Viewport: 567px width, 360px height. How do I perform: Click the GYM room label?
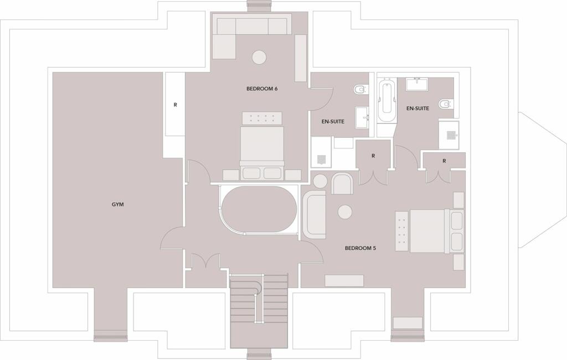click(x=117, y=204)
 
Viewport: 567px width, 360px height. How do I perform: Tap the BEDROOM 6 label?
click(x=262, y=89)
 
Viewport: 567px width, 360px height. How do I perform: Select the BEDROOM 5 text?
click(x=360, y=248)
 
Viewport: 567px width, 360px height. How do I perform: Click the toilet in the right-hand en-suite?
click(x=445, y=104)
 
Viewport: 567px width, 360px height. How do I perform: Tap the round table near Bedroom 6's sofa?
click(x=259, y=57)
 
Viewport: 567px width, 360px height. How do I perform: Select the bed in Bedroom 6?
click(x=262, y=146)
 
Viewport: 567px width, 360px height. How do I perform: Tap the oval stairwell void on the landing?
click(x=259, y=209)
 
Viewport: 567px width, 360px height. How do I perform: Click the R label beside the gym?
click(x=176, y=105)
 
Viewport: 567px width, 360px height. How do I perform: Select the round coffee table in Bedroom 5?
click(x=345, y=212)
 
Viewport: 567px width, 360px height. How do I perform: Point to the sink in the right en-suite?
click(x=417, y=84)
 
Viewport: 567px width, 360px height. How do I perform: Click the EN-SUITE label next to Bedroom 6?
click(x=333, y=121)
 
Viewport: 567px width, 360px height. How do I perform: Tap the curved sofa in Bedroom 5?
click(x=315, y=214)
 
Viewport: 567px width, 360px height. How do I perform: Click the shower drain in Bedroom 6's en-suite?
click(x=321, y=159)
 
